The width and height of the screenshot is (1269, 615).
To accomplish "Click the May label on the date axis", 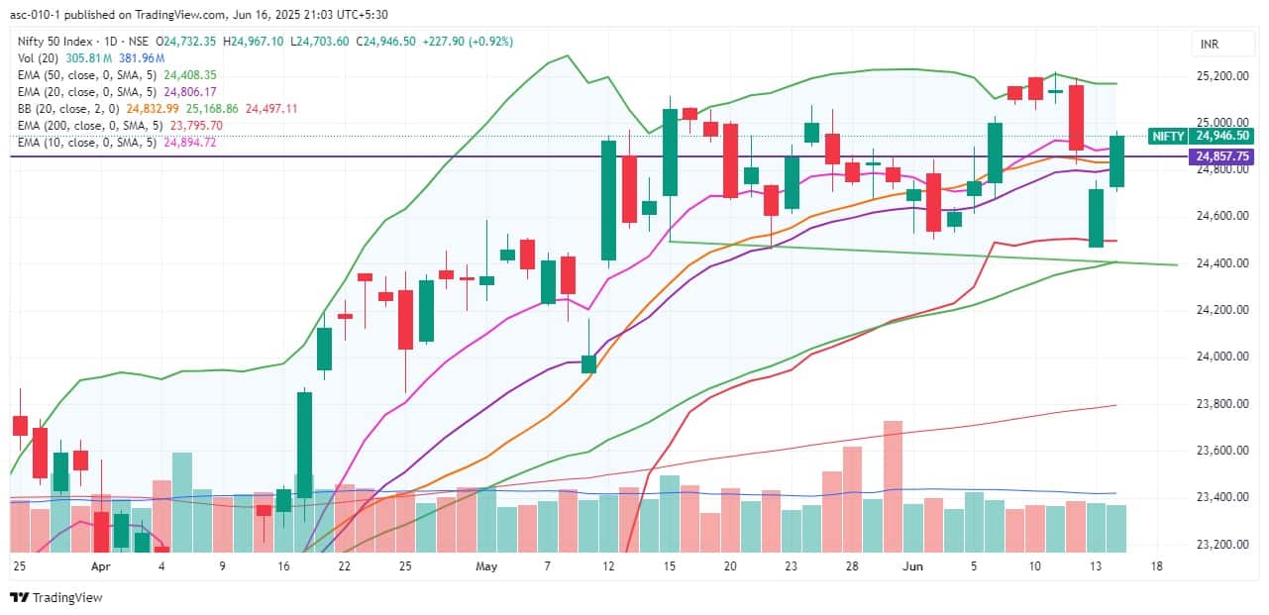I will coord(485,566).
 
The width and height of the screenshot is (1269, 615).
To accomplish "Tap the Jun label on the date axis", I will coord(914,566).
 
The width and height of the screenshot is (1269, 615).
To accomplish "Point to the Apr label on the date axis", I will coord(100,566).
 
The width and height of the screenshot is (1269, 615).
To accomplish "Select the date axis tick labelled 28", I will coord(851,566).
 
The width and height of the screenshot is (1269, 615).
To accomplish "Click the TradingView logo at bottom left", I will coord(55,597).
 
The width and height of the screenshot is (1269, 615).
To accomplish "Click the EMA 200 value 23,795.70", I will coord(196,126).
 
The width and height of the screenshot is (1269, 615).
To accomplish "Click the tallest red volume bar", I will coord(893,486).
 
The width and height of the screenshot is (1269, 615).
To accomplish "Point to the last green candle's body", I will coord(1116,161).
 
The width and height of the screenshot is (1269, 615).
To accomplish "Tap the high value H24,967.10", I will coord(253,42).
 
